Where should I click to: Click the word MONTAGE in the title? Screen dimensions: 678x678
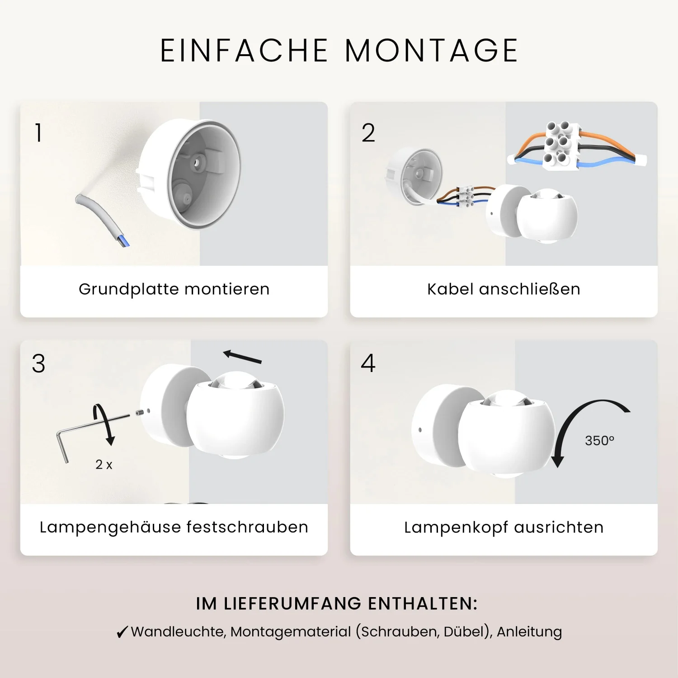click(x=431, y=50)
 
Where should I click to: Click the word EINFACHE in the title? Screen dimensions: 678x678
click(x=244, y=50)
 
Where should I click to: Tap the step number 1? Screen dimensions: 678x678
click(x=39, y=133)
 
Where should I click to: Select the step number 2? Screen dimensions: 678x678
click(x=368, y=133)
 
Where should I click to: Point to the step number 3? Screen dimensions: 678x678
click(x=39, y=363)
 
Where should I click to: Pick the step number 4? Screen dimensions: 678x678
click(x=368, y=363)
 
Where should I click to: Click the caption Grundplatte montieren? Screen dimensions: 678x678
click(x=174, y=289)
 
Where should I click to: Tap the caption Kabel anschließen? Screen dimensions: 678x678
click(x=504, y=289)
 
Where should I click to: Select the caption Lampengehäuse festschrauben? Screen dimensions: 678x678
click(x=174, y=527)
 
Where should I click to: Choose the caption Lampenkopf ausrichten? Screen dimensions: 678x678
click(x=504, y=527)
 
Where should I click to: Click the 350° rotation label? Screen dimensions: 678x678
click(x=600, y=441)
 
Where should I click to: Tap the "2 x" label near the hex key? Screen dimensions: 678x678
click(x=104, y=464)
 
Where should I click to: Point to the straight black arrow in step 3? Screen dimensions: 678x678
click(x=242, y=357)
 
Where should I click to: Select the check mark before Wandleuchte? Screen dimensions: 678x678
click(x=122, y=632)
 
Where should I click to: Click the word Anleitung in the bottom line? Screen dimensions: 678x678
click(x=529, y=632)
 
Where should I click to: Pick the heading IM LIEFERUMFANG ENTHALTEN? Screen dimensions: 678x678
click(x=337, y=604)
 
